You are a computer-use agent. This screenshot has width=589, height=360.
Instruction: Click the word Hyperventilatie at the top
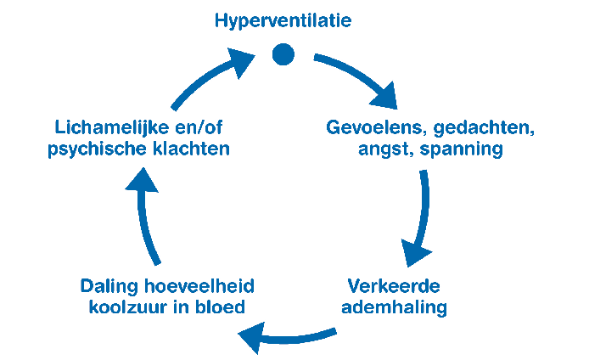tap(283, 21)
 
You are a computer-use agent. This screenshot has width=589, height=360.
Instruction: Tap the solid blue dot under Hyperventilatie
tap(283, 54)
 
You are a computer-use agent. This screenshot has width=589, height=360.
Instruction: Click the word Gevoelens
tap(376, 127)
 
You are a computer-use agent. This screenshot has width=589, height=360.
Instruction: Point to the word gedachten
tap(484, 128)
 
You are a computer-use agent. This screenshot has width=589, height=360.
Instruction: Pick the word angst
tap(385, 149)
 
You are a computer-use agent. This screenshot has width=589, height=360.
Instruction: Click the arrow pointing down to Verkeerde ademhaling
tap(421, 218)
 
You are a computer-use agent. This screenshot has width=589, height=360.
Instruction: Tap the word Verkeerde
tap(394, 286)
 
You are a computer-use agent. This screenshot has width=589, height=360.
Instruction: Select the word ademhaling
tap(394, 307)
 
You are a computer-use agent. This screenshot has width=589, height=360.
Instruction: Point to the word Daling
tap(109, 287)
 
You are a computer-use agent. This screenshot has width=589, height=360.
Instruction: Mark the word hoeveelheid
tap(199, 286)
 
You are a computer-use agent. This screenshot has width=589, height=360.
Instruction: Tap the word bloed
tap(220, 307)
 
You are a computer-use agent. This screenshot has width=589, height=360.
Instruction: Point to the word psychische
tap(98, 149)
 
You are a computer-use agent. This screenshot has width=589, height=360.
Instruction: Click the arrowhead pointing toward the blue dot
tap(242, 61)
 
